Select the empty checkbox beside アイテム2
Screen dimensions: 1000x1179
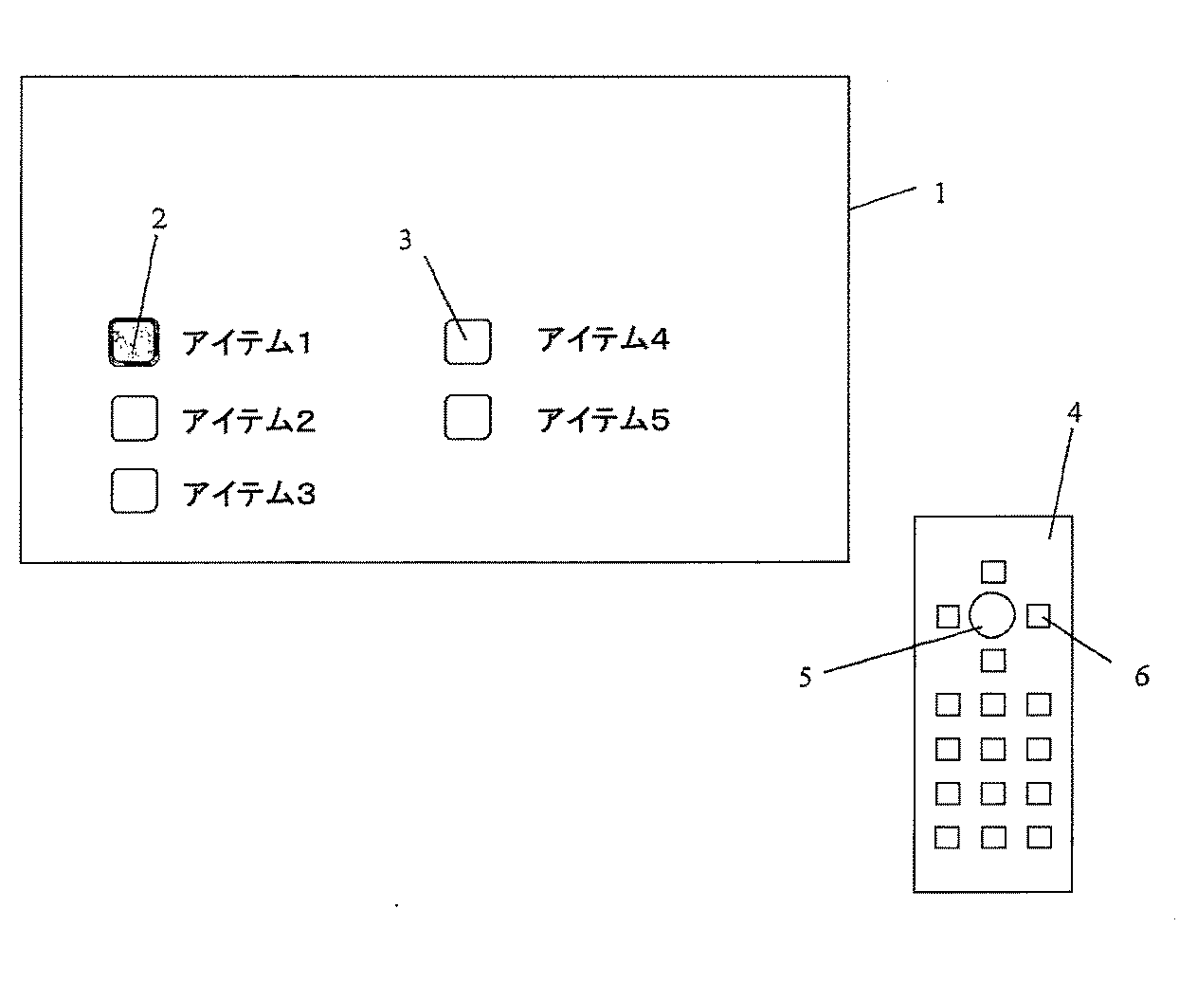point(134,419)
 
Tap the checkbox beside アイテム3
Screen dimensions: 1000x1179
point(134,491)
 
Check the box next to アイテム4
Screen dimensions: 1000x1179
point(467,341)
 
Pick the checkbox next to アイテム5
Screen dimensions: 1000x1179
point(467,417)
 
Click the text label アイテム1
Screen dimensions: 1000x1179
point(246,342)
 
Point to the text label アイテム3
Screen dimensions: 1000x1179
point(248,493)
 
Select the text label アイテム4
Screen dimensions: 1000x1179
point(603,339)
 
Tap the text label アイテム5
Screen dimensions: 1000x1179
point(603,419)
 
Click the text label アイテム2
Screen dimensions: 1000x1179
point(248,420)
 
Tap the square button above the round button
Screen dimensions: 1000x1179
point(992,572)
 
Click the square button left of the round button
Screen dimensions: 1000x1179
point(947,616)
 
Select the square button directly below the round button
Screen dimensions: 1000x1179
point(992,660)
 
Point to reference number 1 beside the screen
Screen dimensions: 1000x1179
point(939,194)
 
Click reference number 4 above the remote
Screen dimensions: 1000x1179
point(1074,413)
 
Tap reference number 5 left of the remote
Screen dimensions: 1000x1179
point(805,677)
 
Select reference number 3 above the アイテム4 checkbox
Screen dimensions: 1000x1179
point(406,241)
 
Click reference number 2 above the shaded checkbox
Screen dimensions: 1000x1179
point(158,219)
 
